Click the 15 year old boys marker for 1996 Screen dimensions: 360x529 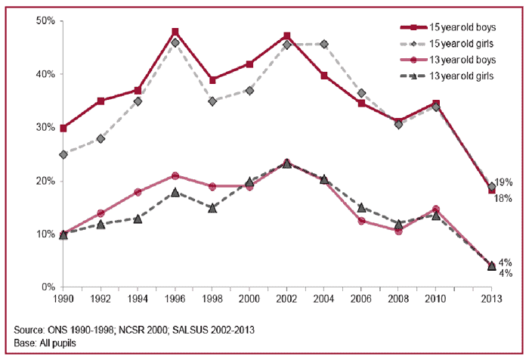pyautogui.click(x=175, y=32)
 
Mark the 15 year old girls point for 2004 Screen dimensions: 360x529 pyautogui.click(x=323, y=44)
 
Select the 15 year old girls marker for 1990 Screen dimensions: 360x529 pyautogui.click(x=63, y=154)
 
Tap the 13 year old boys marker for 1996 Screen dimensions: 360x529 pyautogui.click(x=175, y=175)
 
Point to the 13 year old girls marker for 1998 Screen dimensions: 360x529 pyautogui.click(x=212, y=207)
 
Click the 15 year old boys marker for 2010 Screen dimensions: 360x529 pyautogui.click(x=435, y=104)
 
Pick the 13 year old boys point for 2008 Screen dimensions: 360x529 pyautogui.click(x=398, y=231)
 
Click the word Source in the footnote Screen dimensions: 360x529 pyautogui.click(x=29, y=331)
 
